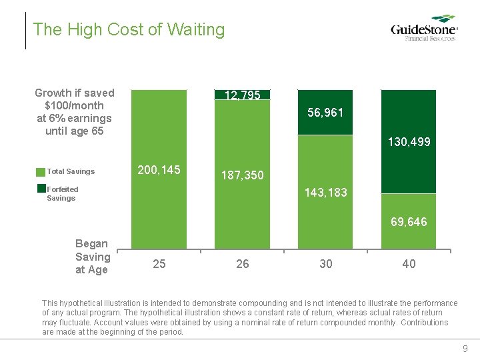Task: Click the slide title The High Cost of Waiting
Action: click(x=129, y=29)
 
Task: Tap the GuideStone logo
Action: click(x=424, y=29)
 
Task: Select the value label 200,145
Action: click(x=159, y=170)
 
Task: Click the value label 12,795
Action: click(x=243, y=95)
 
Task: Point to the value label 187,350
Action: click(x=243, y=175)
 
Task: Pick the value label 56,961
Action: click(x=325, y=113)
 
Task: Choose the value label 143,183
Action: click(x=325, y=193)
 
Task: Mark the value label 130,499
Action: click(x=409, y=142)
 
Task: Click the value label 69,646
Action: click(x=409, y=221)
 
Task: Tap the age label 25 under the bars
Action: click(x=159, y=264)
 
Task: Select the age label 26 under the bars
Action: click(x=243, y=264)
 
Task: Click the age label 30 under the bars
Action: click(x=325, y=264)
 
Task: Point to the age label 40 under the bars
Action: click(x=409, y=264)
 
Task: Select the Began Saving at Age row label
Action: click(x=93, y=257)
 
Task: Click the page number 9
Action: click(x=465, y=349)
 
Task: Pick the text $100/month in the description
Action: click(x=74, y=105)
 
